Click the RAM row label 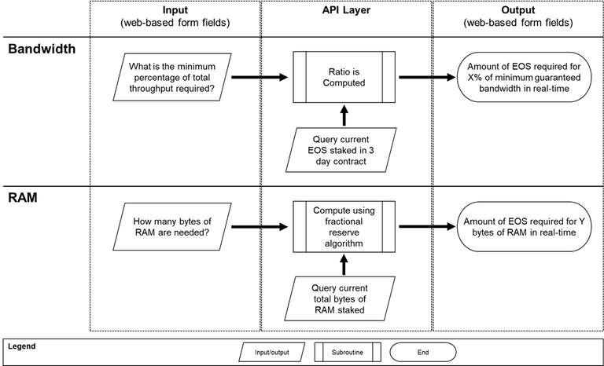[x=24, y=199]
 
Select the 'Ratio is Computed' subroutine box [x=344, y=78]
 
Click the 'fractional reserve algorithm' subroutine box [x=344, y=227]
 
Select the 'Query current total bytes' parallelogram [x=344, y=298]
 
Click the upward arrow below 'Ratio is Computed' [x=344, y=115]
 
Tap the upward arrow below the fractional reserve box [x=344, y=265]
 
